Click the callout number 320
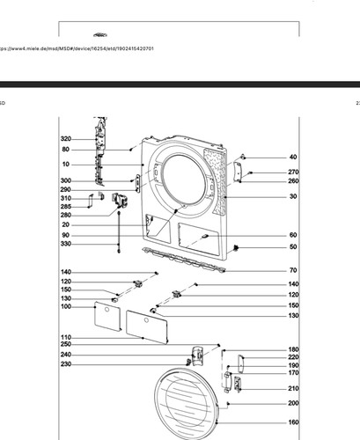point(66,139)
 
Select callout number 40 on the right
point(293,158)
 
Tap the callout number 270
point(293,172)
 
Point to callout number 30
point(293,196)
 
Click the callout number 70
point(293,270)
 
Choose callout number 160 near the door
point(293,422)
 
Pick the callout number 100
point(66,306)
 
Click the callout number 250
point(66,344)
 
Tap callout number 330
point(66,244)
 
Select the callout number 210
point(293,389)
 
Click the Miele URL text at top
point(76,48)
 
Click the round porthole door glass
point(187,404)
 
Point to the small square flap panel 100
point(107,316)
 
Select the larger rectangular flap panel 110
point(147,327)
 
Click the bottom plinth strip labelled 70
point(184,260)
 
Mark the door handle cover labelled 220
point(241,364)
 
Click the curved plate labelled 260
point(238,172)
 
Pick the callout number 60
point(293,235)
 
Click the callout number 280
point(66,216)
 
